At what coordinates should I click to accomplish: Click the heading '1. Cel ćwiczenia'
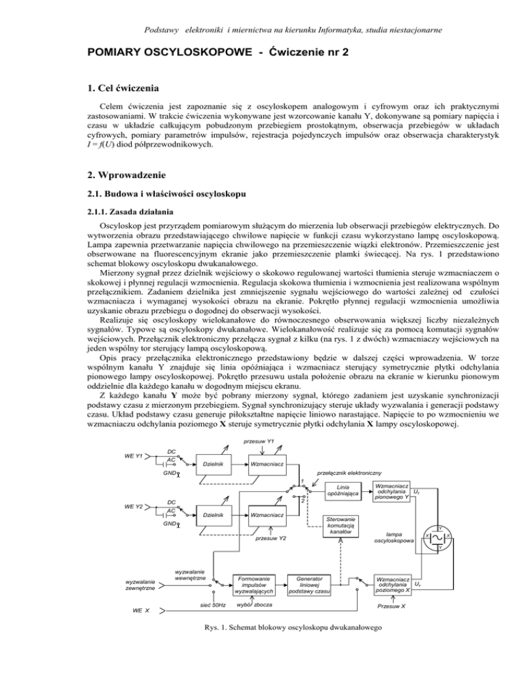tap(68, 88)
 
